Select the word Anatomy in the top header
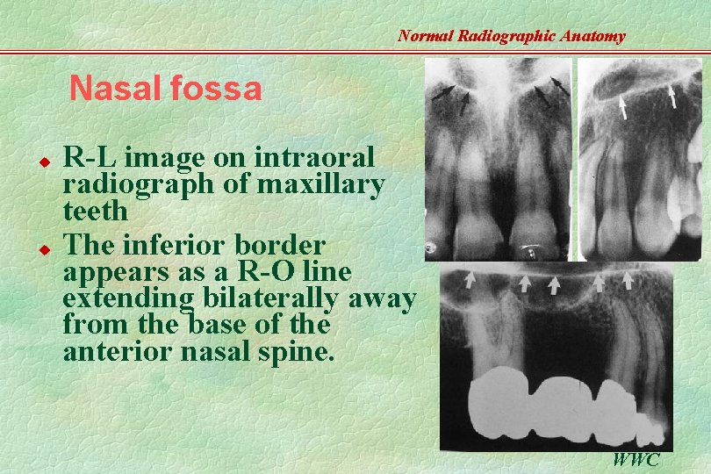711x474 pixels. [592, 36]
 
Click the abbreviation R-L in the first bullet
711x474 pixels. [93, 158]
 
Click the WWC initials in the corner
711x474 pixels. [636, 459]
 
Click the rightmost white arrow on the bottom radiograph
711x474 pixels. [628, 280]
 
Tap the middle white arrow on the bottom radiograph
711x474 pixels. [555, 284]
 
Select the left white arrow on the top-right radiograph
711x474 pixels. [621, 107]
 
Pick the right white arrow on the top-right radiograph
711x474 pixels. [672, 96]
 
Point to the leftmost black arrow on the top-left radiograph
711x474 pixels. [444, 90]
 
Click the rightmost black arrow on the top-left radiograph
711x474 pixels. [558, 85]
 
